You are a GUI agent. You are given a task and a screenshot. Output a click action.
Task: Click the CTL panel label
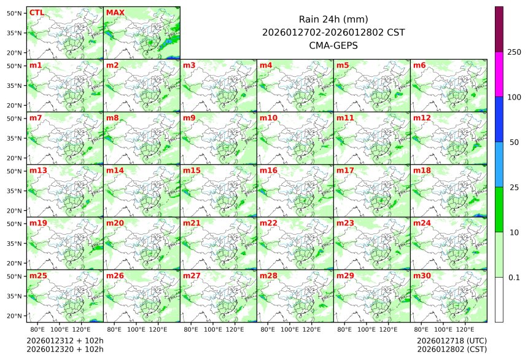36,12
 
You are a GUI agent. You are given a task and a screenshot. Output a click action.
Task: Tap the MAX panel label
115,12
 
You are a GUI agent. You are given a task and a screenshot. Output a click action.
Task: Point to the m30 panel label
422,276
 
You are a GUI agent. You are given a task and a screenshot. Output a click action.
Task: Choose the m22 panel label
268,223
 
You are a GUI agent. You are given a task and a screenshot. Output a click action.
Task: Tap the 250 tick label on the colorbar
514,52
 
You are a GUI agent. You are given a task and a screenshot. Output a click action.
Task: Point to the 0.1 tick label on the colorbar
514,278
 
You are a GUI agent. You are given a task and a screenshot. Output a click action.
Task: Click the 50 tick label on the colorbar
514,143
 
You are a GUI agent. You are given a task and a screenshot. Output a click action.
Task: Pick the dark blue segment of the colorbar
499,119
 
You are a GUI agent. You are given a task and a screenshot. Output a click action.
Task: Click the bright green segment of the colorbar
499,209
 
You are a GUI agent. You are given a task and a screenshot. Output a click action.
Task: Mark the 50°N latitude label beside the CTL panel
15,13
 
